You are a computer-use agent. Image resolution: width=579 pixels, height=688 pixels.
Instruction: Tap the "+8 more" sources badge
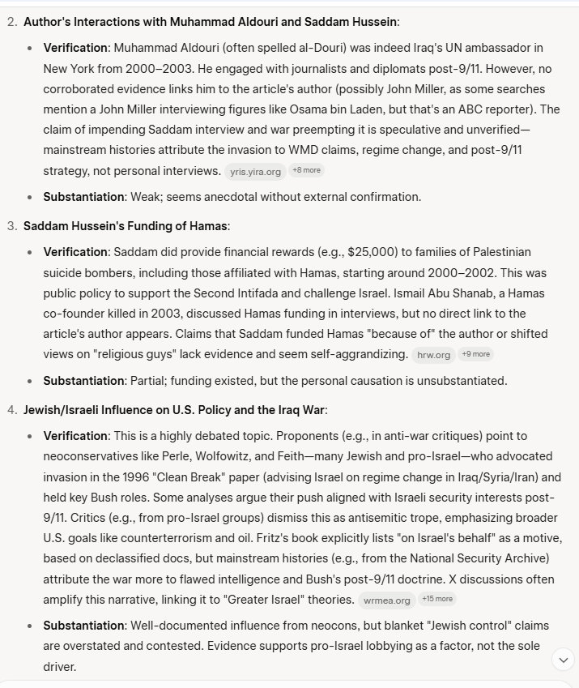coord(308,170)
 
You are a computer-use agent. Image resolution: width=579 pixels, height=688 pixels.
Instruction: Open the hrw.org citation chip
coord(432,354)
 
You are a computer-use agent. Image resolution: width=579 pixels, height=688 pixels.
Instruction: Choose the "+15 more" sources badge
coord(438,599)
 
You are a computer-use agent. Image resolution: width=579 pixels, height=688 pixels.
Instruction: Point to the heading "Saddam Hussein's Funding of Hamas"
coord(126,225)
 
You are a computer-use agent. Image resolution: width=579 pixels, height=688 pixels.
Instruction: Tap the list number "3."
coord(11,225)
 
